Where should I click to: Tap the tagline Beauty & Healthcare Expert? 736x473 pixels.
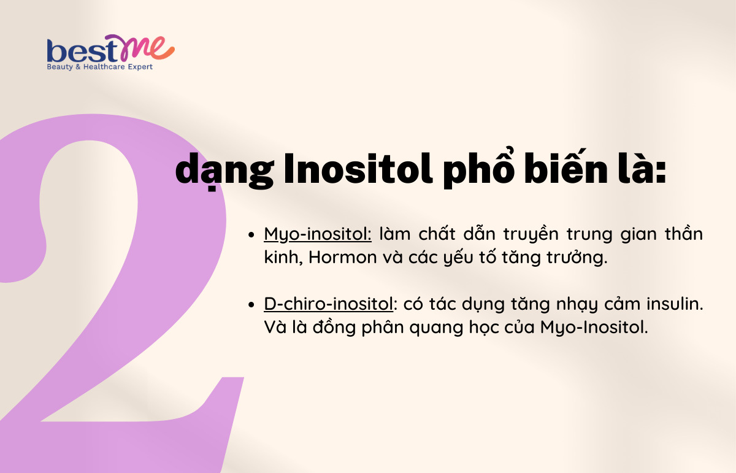(100, 67)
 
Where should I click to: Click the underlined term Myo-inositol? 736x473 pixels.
(318, 234)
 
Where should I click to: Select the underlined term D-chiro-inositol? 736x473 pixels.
(328, 304)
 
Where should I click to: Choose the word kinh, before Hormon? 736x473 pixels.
(283, 258)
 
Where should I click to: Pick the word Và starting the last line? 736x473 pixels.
(274, 327)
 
